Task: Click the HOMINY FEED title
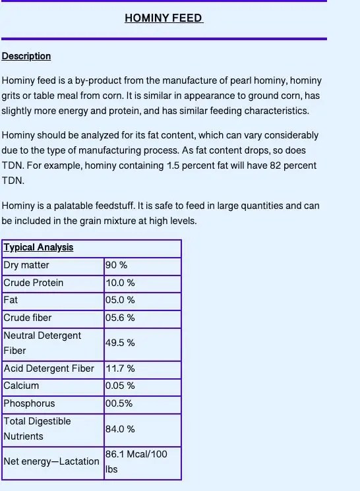[x=164, y=18]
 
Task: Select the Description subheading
[x=26, y=56]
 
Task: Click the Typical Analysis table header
[x=38, y=248]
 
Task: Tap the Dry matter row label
[x=26, y=265]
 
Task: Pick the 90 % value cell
[x=116, y=265]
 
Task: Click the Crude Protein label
[x=34, y=283]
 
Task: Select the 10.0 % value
[x=120, y=283]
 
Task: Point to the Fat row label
[x=11, y=300]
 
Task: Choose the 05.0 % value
[x=120, y=300]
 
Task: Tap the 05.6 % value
[x=120, y=318]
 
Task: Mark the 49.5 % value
[x=120, y=343]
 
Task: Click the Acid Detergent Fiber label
[x=49, y=368]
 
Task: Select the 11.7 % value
[x=120, y=368]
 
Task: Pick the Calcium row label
[x=21, y=386]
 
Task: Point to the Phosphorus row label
[x=29, y=403]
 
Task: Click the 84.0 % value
[x=120, y=429]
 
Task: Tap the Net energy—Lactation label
[x=51, y=461]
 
